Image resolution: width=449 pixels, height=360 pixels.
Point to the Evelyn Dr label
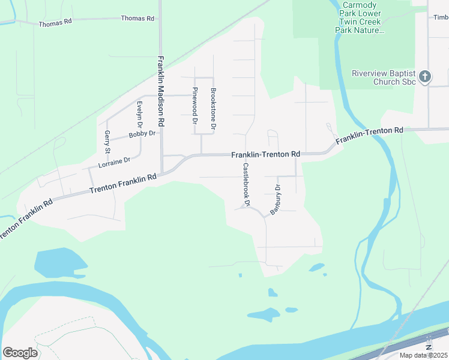coord(139,114)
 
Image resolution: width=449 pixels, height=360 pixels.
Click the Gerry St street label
coord(107,142)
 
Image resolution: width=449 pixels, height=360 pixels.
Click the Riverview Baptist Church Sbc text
coord(383,77)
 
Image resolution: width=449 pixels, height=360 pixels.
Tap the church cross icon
coord(425,76)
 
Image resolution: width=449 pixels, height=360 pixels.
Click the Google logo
coord(20,353)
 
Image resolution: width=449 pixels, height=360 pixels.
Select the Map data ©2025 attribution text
coord(423,355)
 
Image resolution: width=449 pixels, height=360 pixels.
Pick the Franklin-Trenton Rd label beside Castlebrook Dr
coord(265,155)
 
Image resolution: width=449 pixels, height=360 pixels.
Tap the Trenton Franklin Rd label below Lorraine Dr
coord(122,183)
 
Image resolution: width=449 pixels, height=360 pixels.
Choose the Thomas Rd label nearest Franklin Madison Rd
coord(137,19)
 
